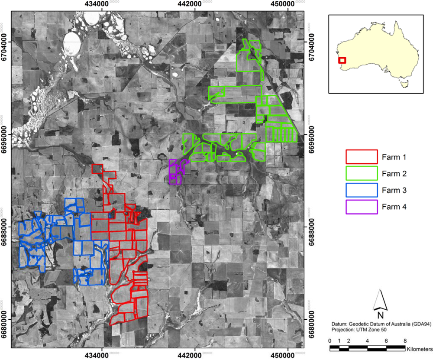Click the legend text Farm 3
[x=394, y=190]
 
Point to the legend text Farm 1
[x=394, y=157]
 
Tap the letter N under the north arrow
[x=380, y=315]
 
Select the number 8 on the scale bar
[x=404, y=341]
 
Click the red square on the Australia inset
[x=342, y=61]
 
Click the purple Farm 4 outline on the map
[x=177, y=171]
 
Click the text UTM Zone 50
[x=367, y=330]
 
